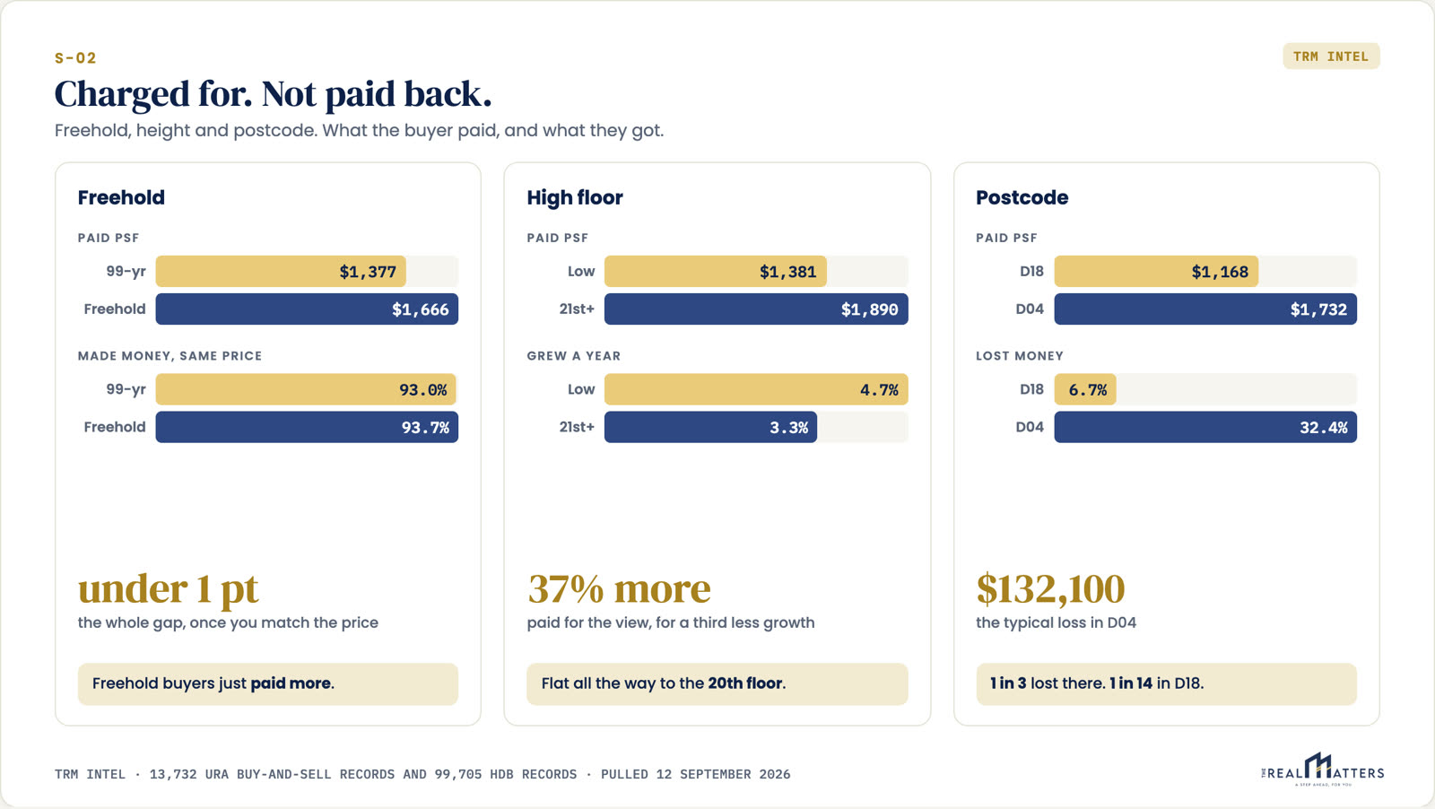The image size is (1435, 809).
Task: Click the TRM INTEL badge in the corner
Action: [x=1331, y=57]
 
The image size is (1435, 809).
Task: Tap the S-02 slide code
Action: [x=75, y=58]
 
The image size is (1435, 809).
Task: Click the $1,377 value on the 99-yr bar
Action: [x=368, y=272]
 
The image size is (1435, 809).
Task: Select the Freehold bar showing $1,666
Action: [x=307, y=309]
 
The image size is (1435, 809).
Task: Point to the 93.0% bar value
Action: [x=423, y=389]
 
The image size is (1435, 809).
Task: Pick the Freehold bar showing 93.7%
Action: [x=307, y=427]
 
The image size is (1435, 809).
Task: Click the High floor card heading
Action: [x=575, y=197]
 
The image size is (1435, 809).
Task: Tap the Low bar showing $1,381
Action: [x=716, y=271]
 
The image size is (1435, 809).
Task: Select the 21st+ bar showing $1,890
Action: [x=757, y=309]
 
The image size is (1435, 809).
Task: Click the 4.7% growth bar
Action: [x=757, y=389]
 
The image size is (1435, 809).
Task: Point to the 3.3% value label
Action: [x=789, y=427]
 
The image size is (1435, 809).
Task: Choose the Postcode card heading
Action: [x=1022, y=197]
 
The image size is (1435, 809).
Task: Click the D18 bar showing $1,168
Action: [x=1156, y=271]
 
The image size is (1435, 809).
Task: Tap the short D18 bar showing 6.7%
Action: [x=1085, y=389]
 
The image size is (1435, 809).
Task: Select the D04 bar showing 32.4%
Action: [x=1205, y=427]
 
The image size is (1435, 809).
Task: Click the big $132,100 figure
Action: [x=1050, y=589]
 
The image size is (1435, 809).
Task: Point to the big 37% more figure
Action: [x=619, y=588]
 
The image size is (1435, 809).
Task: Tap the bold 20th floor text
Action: [x=745, y=683]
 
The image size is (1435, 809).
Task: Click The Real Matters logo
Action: [x=1322, y=770]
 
